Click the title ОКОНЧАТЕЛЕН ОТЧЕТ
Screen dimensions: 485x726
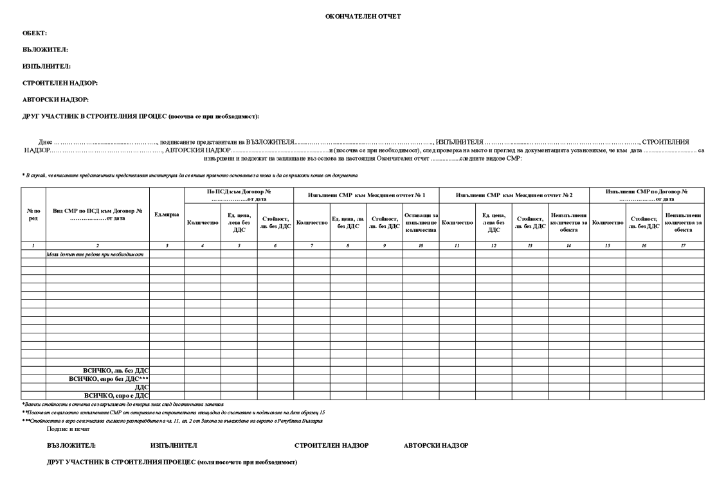pyautogui.click(x=363, y=16)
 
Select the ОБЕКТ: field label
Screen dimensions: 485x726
pyautogui.click(x=35, y=33)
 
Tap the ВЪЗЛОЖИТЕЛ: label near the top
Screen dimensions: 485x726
pyautogui.click(x=45, y=49)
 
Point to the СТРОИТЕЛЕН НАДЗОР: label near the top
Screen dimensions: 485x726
pyautogui.click(x=60, y=83)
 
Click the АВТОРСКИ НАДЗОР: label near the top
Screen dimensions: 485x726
pyautogui.click(x=55, y=100)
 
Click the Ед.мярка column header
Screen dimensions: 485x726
pyautogui.click(x=167, y=215)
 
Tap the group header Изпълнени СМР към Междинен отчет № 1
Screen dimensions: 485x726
pyautogui.click(x=367, y=195)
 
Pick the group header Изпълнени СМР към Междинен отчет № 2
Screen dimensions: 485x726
pyautogui.click(x=514, y=195)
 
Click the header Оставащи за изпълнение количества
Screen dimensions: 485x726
pyautogui.click(x=421, y=222)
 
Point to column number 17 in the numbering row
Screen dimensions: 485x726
pyautogui.click(x=683, y=246)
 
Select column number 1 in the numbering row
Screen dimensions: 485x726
pyautogui.click(x=33, y=246)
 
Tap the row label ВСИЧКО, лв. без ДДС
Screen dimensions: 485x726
pyautogui.click(x=115, y=370)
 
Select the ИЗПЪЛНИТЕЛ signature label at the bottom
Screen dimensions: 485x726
pyautogui.click(x=173, y=445)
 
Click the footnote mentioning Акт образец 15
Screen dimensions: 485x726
pyautogui.click(x=174, y=412)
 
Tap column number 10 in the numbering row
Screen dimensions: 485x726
pyautogui.click(x=421, y=246)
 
